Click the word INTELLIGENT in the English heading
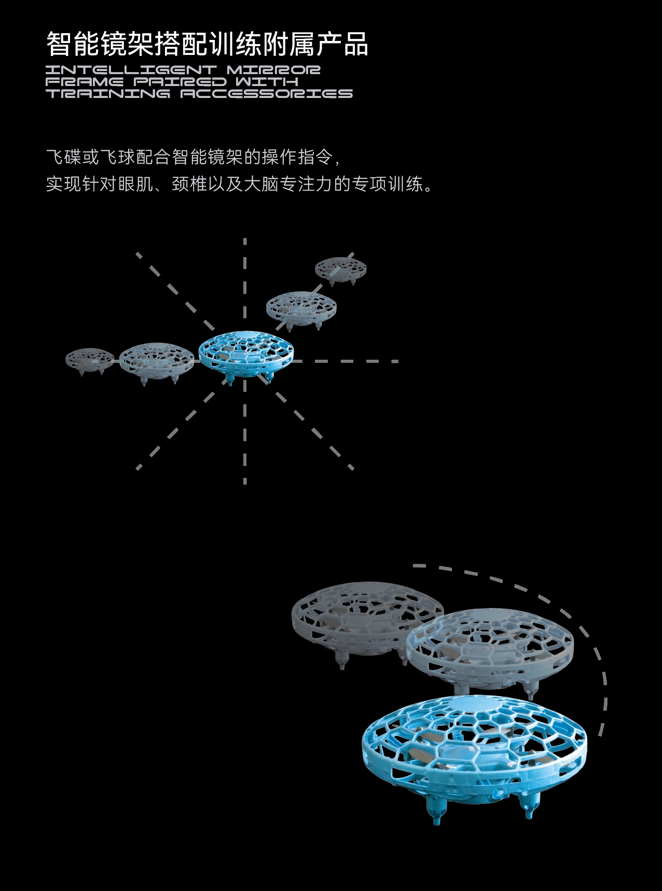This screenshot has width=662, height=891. point(131,69)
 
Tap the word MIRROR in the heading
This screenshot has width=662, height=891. point(274,69)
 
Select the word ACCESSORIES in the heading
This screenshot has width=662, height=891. point(267,94)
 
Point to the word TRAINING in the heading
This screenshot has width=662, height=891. point(108,94)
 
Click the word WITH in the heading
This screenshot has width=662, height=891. point(267,82)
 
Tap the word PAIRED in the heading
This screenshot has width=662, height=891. point(180,82)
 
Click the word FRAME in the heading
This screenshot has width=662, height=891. point(85,82)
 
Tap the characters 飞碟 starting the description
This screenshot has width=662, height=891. point(64,157)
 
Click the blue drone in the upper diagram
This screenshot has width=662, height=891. point(246,355)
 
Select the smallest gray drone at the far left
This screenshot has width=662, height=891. point(90,360)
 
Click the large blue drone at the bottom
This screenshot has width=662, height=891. point(475,754)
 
